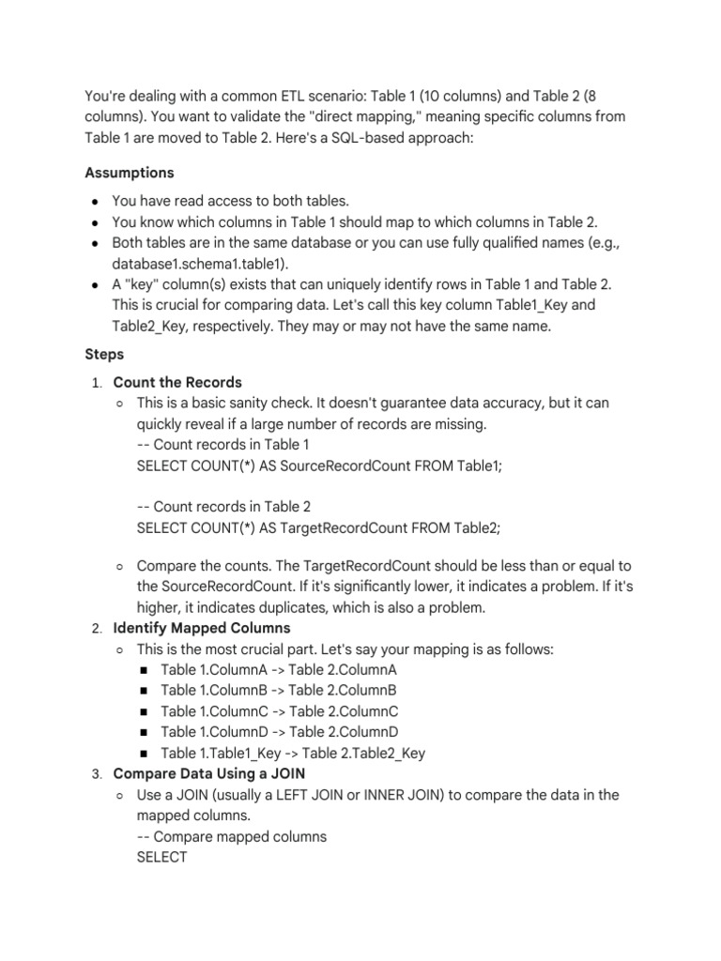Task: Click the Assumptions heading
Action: click(130, 173)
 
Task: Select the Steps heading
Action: click(104, 356)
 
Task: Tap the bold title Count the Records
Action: click(177, 382)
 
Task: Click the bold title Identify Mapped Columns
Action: click(202, 628)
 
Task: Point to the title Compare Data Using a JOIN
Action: click(208, 773)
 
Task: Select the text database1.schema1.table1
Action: click(201, 263)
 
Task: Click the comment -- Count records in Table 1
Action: click(222, 444)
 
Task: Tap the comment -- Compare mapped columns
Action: click(231, 836)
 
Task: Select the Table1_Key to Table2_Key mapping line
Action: click(293, 753)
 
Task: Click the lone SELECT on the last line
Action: click(162, 857)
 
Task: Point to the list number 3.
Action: click(96, 774)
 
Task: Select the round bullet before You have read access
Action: click(96, 202)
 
